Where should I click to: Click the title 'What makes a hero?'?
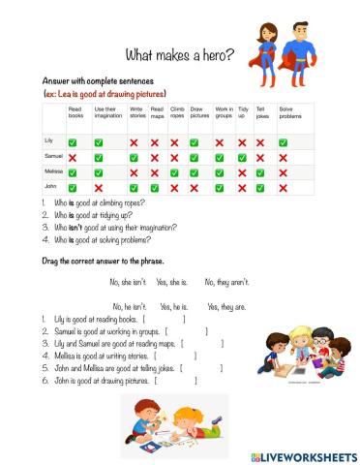pos(180,55)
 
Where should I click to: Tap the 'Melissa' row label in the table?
pos(53,170)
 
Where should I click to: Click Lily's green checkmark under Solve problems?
pos(283,141)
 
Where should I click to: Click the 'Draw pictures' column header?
pos(198,114)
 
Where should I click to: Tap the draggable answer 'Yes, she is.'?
pos(175,281)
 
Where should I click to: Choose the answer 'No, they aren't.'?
pos(226,281)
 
